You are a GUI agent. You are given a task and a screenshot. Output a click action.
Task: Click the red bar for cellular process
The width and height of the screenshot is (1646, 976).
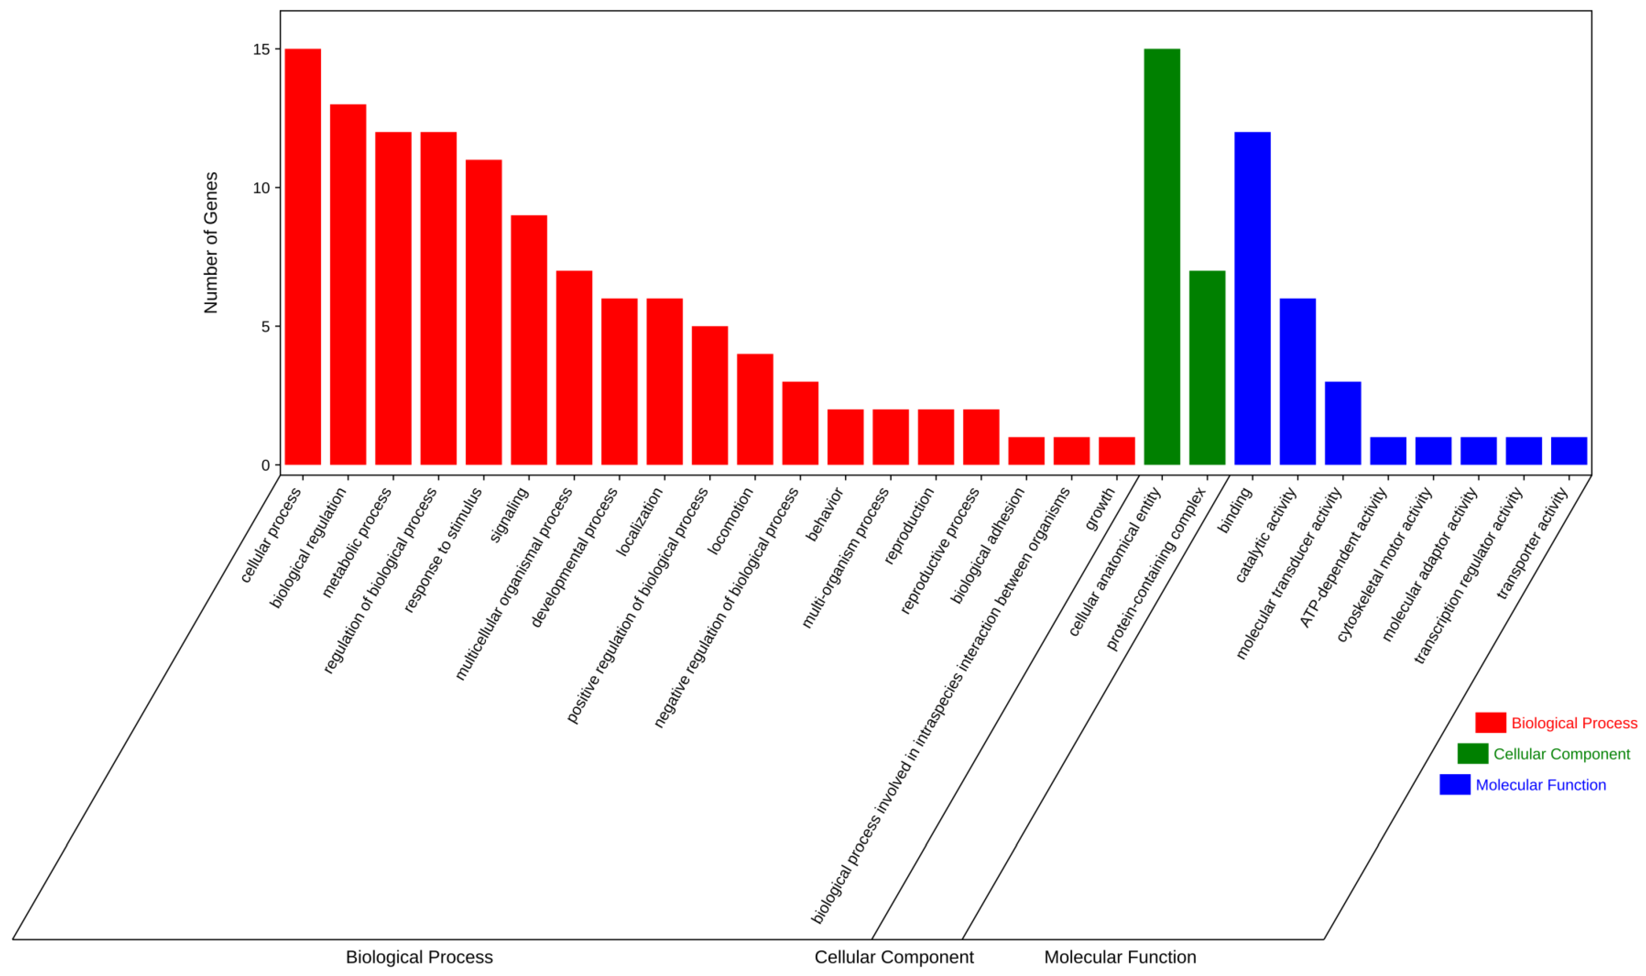click(x=303, y=256)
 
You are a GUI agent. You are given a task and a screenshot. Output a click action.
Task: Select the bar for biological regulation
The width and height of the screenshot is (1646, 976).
click(x=348, y=284)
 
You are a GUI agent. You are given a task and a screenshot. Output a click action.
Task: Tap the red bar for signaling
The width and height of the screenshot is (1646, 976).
click(x=529, y=340)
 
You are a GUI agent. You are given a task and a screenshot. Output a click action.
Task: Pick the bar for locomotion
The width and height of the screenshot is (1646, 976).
click(x=755, y=409)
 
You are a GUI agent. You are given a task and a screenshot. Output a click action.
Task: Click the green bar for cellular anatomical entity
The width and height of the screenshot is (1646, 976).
click(x=1162, y=256)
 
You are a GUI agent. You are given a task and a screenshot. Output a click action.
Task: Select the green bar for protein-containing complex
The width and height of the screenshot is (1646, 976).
click(x=1207, y=368)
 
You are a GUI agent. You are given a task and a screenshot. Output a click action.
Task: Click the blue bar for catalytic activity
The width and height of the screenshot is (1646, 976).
click(x=1297, y=381)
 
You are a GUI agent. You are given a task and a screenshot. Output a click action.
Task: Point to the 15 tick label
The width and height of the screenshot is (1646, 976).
click(x=262, y=49)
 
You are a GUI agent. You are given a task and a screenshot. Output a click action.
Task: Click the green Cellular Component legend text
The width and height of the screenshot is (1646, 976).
click(x=1561, y=754)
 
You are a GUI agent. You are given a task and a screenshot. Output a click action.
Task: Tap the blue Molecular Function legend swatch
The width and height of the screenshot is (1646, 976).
click(x=1455, y=785)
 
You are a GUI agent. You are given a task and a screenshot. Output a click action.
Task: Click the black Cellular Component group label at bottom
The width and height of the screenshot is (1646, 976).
click(x=893, y=957)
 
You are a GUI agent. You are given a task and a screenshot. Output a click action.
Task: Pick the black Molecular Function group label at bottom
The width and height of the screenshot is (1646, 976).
click(x=1120, y=957)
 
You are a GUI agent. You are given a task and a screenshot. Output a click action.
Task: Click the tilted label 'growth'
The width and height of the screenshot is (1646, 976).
click(x=1100, y=509)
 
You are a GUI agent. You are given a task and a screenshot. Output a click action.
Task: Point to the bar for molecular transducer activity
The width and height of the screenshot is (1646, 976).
click(x=1343, y=423)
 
